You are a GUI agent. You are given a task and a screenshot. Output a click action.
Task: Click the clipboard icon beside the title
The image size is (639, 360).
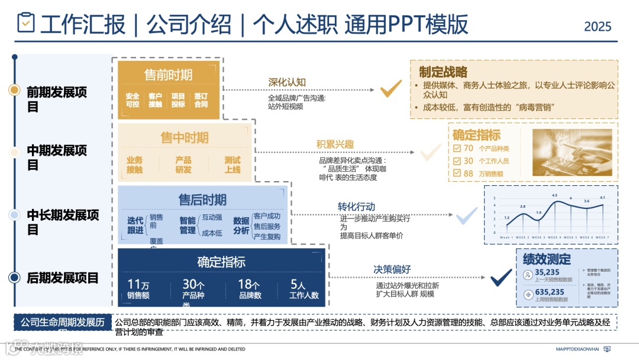[x=26, y=23]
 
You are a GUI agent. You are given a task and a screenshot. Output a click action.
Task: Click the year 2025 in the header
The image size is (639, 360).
[x=598, y=26]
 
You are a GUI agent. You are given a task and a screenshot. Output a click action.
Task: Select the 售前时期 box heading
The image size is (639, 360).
[x=168, y=75]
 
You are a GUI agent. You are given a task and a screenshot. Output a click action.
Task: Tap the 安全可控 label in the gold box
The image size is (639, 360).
[x=133, y=100]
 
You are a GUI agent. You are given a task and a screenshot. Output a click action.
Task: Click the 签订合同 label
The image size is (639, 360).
[x=201, y=100]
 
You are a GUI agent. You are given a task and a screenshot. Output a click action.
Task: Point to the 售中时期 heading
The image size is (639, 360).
[x=185, y=138]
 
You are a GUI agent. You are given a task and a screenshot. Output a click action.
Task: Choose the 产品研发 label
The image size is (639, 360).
[x=183, y=165]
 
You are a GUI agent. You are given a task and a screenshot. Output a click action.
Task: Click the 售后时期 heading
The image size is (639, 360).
[x=202, y=200]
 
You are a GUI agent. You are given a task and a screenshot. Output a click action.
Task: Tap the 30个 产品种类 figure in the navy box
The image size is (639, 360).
[x=193, y=289]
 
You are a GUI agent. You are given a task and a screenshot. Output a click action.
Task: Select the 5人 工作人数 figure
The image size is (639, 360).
[x=304, y=289]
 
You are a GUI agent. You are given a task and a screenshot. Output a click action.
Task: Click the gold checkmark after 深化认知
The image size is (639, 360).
[x=390, y=89]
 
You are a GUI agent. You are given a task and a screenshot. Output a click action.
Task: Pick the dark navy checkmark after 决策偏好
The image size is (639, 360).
[x=501, y=277]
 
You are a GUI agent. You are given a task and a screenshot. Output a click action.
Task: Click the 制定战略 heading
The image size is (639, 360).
[x=443, y=72]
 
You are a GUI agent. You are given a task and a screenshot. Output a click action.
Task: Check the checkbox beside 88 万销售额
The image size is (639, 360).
[x=456, y=173]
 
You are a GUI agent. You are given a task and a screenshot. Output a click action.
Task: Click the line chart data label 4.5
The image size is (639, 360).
[x=554, y=195]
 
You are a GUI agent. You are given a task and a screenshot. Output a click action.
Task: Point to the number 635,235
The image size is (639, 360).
[x=550, y=292]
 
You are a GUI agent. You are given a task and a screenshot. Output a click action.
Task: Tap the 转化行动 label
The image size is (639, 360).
[x=356, y=207]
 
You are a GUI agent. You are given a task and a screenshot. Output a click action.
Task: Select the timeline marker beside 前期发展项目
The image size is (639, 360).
[x=14, y=90]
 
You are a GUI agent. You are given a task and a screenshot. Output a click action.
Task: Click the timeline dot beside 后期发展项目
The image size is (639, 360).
[x=14, y=277]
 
